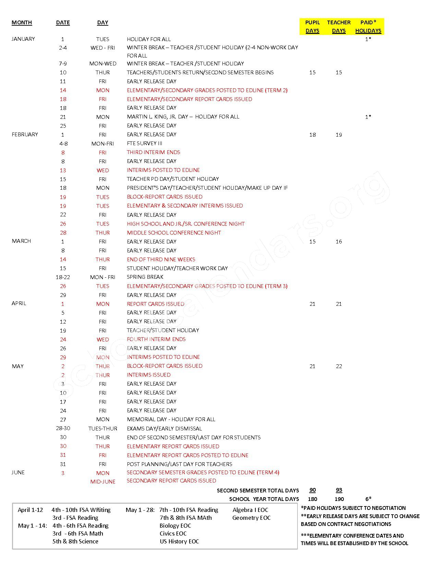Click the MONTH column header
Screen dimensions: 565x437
[22, 23]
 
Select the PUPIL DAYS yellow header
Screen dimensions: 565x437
[312, 26]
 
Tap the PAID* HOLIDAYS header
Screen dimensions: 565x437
[368, 26]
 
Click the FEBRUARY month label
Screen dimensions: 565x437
[25, 135]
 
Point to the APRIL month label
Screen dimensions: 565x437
[19, 303]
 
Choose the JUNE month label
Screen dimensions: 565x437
[18, 473]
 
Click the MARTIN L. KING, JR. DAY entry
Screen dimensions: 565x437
[183, 117]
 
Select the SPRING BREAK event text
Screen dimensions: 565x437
[145, 277]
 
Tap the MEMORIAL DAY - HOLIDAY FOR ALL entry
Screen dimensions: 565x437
[171, 419]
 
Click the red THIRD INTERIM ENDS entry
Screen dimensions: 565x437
[153, 152]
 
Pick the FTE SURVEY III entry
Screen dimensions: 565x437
[144, 143]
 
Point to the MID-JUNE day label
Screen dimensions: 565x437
[103, 481]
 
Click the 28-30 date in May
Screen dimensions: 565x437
[63, 428]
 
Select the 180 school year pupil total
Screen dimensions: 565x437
[312, 499]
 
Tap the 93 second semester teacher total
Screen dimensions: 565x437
[339, 490]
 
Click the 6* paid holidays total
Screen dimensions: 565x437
[368, 499]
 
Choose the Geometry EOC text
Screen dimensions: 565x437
[251, 518]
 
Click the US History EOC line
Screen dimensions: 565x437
[179, 541]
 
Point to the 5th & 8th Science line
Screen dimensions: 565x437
[75, 541]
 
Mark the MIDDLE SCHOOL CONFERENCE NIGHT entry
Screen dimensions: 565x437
[174, 233]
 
